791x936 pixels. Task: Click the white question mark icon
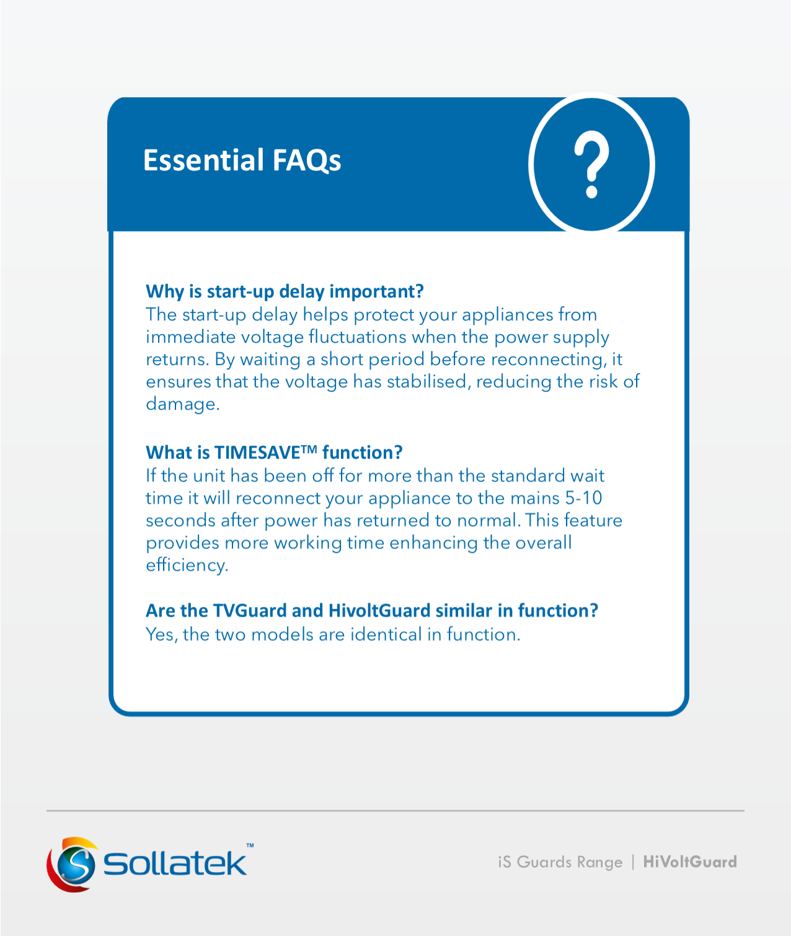591,164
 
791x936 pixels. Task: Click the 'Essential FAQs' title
242,161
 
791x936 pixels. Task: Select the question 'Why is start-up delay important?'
285,292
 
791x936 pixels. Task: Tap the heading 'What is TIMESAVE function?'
274,453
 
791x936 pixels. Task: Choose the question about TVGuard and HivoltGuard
372,611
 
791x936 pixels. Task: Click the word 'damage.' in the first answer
183,404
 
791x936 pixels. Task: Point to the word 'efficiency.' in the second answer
187,565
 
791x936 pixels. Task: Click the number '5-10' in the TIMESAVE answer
583,498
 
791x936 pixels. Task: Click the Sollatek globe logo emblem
72,864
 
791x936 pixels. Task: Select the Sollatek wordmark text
175,863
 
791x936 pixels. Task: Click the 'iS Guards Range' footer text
560,862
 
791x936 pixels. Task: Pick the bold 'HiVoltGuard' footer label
690,862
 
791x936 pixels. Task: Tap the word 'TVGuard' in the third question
249,611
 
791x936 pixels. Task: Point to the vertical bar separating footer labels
633,862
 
